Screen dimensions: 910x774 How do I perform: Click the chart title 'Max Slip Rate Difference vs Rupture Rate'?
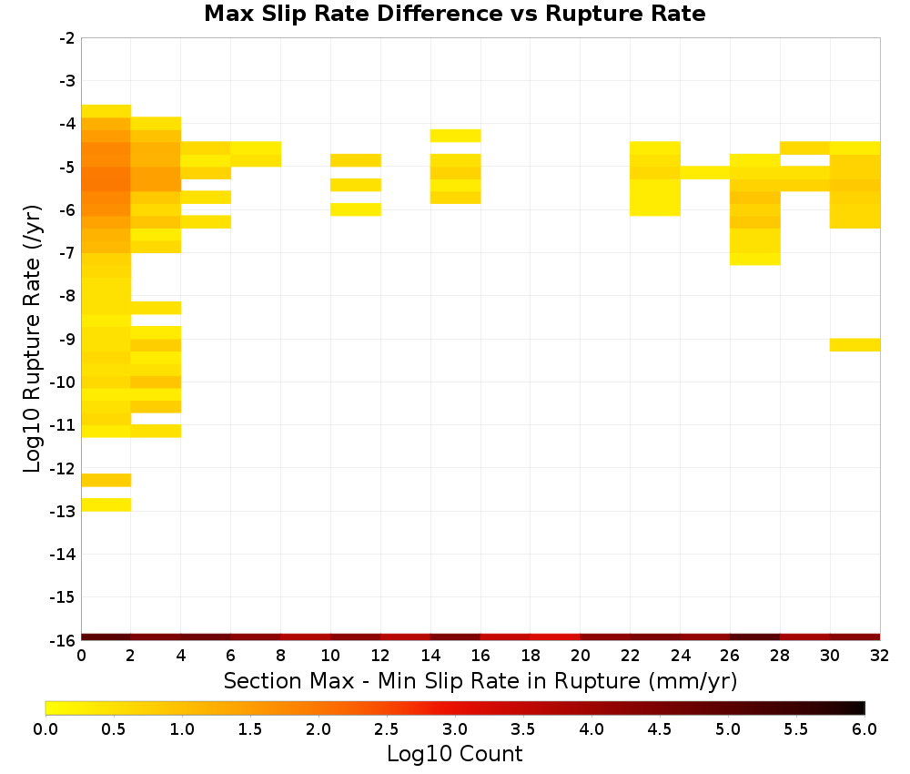(454, 14)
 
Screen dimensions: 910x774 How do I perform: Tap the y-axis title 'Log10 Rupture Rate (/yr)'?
(32, 339)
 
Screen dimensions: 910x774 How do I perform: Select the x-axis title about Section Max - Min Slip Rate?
(480, 680)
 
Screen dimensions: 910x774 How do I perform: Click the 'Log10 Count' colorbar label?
(454, 754)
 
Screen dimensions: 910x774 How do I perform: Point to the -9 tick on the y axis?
(67, 339)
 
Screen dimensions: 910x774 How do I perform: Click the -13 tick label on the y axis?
(63, 512)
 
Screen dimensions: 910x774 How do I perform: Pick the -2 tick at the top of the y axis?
(67, 38)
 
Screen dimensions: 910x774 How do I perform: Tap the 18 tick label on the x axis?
(531, 656)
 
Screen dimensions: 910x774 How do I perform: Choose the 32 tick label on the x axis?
(880, 656)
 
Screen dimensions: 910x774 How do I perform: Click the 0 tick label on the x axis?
(81, 656)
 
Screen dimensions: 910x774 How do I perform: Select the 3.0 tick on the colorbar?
(455, 728)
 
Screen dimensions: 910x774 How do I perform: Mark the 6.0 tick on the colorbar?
(864, 728)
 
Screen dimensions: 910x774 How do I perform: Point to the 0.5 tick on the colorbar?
(113, 728)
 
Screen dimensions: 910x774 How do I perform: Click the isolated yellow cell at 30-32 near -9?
(854, 345)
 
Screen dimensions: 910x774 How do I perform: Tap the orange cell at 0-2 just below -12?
(106, 480)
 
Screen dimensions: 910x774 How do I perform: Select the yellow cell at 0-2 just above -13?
(106, 504)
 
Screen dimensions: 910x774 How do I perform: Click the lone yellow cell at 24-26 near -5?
(705, 172)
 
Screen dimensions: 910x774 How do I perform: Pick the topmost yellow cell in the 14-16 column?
(456, 136)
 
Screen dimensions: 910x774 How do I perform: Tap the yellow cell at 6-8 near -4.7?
(256, 154)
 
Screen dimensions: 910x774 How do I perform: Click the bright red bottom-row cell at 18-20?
(555, 637)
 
